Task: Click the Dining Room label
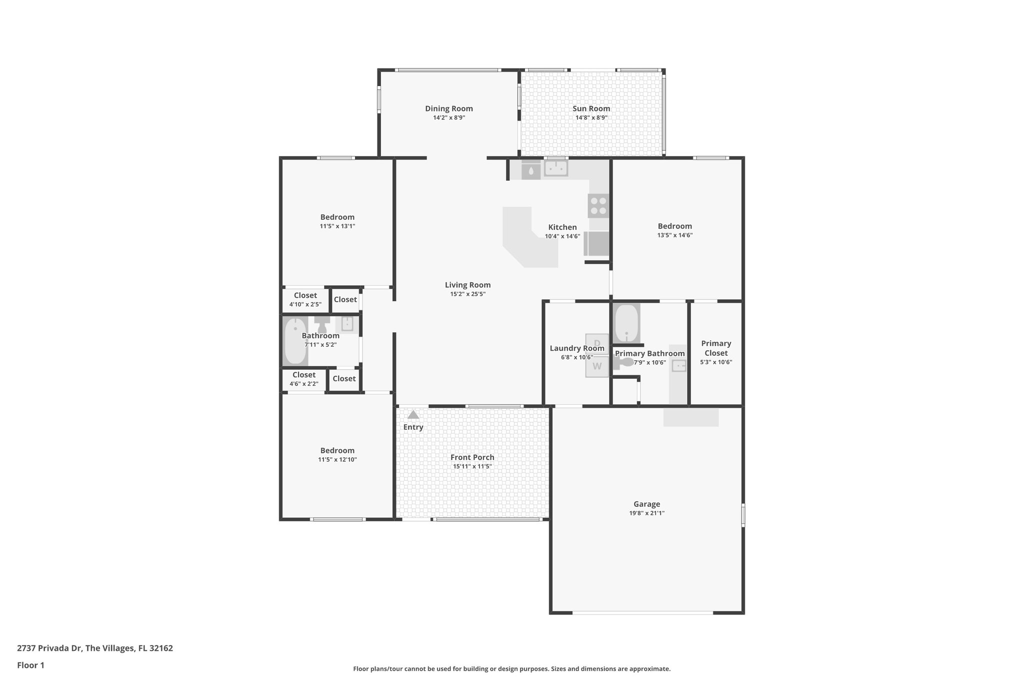pyautogui.click(x=448, y=109)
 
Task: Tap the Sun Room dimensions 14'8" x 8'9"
pyautogui.click(x=591, y=118)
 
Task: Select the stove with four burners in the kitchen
pyautogui.click(x=598, y=206)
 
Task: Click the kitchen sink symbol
pyautogui.click(x=556, y=169)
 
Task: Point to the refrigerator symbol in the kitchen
pyautogui.click(x=597, y=243)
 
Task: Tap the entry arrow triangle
pyautogui.click(x=413, y=415)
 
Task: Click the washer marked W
pyautogui.click(x=597, y=366)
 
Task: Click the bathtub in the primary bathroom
pyautogui.click(x=626, y=323)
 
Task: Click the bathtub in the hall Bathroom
pyautogui.click(x=295, y=341)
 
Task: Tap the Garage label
pyautogui.click(x=646, y=504)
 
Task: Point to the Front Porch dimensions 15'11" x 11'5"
pyautogui.click(x=472, y=466)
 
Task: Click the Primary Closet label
pyautogui.click(x=716, y=348)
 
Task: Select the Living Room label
pyautogui.click(x=467, y=285)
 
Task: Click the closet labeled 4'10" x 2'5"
pyautogui.click(x=305, y=300)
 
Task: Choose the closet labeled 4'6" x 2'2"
pyautogui.click(x=303, y=379)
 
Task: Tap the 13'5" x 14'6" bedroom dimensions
pyautogui.click(x=674, y=235)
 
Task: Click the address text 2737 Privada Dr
pyautogui.click(x=94, y=648)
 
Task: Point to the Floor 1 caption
pyautogui.click(x=31, y=665)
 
